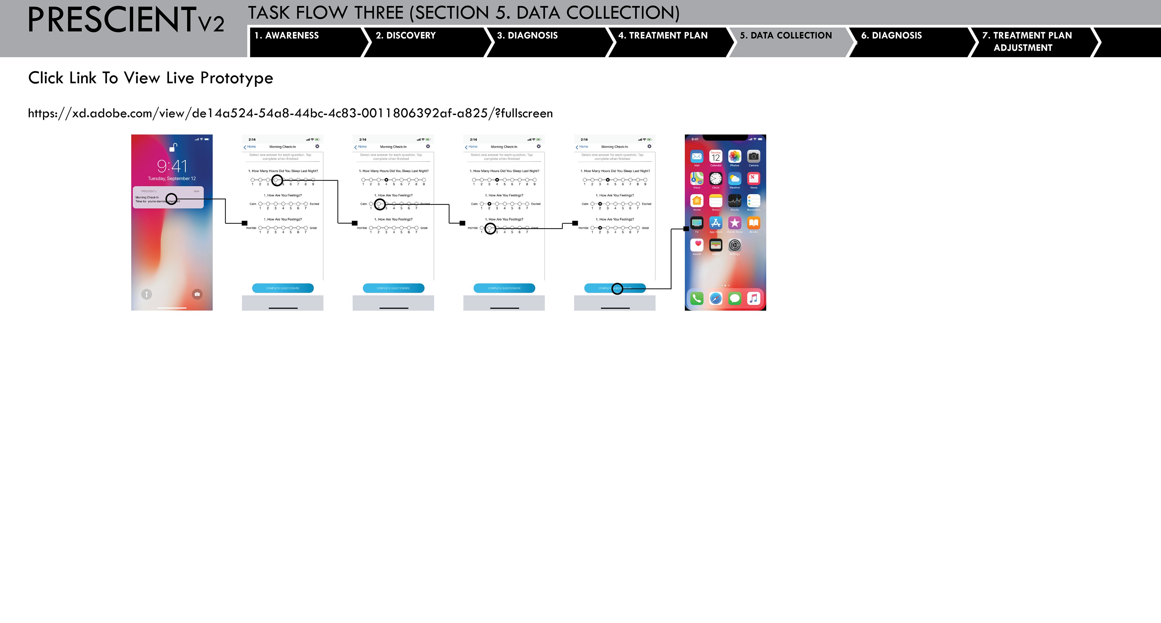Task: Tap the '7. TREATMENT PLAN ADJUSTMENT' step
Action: [1027, 41]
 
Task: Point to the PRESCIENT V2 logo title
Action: [125, 20]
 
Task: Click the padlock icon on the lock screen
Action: [173, 147]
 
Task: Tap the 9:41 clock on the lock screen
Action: [172, 166]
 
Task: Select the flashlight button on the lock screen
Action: [146, 294]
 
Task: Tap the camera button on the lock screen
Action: [197, 294]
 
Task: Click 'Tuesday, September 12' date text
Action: [172, 178]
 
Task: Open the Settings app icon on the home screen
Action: [735, 245]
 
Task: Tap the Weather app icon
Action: [735, 178]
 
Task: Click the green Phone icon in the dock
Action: [697, 298]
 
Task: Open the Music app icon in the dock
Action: [753, 298]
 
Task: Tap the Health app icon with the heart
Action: [697, 245]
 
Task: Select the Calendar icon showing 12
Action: [716, 156]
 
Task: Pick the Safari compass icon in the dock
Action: [716, 298]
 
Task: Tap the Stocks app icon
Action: [735, 201]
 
